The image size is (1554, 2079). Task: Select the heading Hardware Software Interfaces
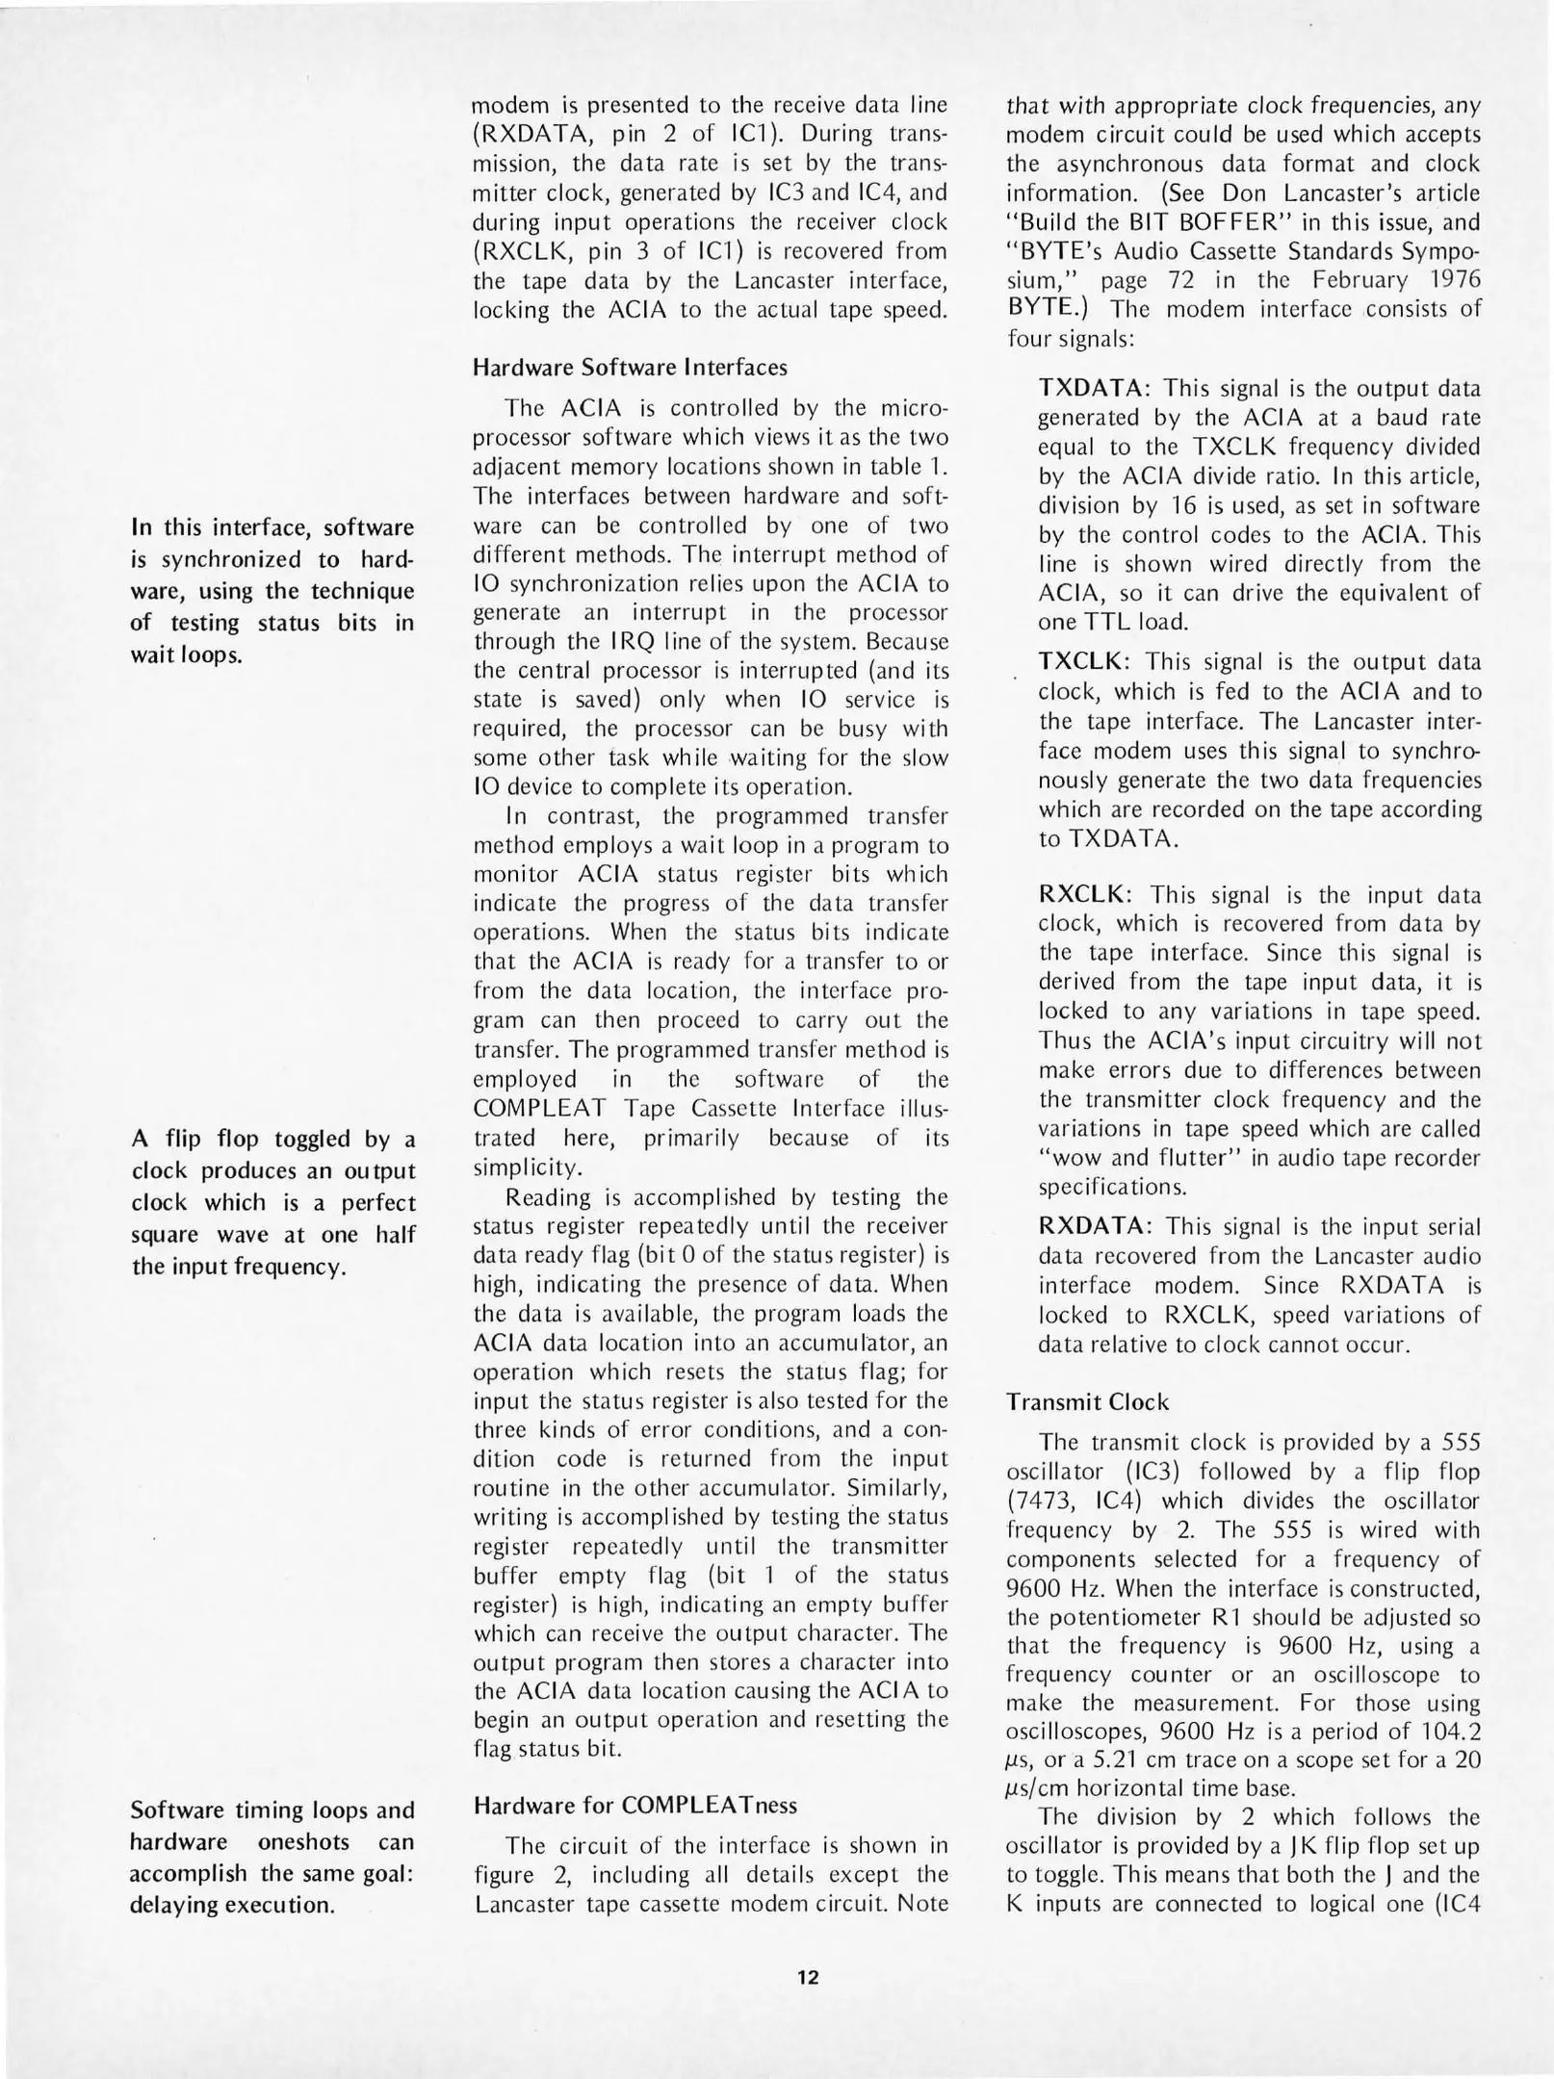point(630,368)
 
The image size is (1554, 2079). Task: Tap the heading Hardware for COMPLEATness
point(635,1805)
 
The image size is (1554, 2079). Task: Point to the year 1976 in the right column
point(1449,281)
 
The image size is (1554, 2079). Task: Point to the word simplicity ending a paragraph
point(528,1168)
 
